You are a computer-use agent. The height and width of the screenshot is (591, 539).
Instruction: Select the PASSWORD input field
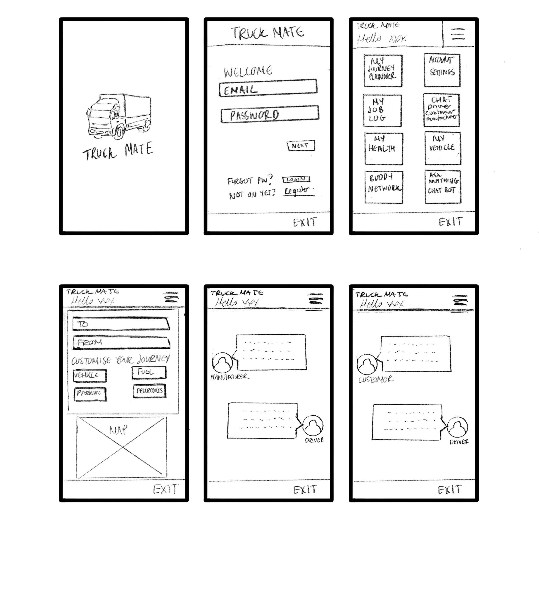click(x=270, y=114)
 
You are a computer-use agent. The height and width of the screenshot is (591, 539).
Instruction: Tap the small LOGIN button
click(x=296, y=179)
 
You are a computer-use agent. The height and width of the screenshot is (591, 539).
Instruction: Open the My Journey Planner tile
click(x=383, y=70)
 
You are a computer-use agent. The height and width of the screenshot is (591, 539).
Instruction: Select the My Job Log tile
click(x=382, y=110)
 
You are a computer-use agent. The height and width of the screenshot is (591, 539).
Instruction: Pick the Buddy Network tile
click(x=384, y=187)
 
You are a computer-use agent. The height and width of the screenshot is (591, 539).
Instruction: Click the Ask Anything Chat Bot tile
click(x=443, y=187)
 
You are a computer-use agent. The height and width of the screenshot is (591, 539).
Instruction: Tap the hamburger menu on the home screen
click(x=458, y=34)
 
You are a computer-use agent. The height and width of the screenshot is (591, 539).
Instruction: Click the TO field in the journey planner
click(x=121, y=324)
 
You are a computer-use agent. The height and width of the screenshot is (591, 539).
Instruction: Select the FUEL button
click(x=149, y=372)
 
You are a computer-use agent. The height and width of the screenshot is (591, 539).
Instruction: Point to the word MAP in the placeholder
click(x=118, y=430)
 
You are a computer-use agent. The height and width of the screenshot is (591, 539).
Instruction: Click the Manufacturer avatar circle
click(x=222, y=362)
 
